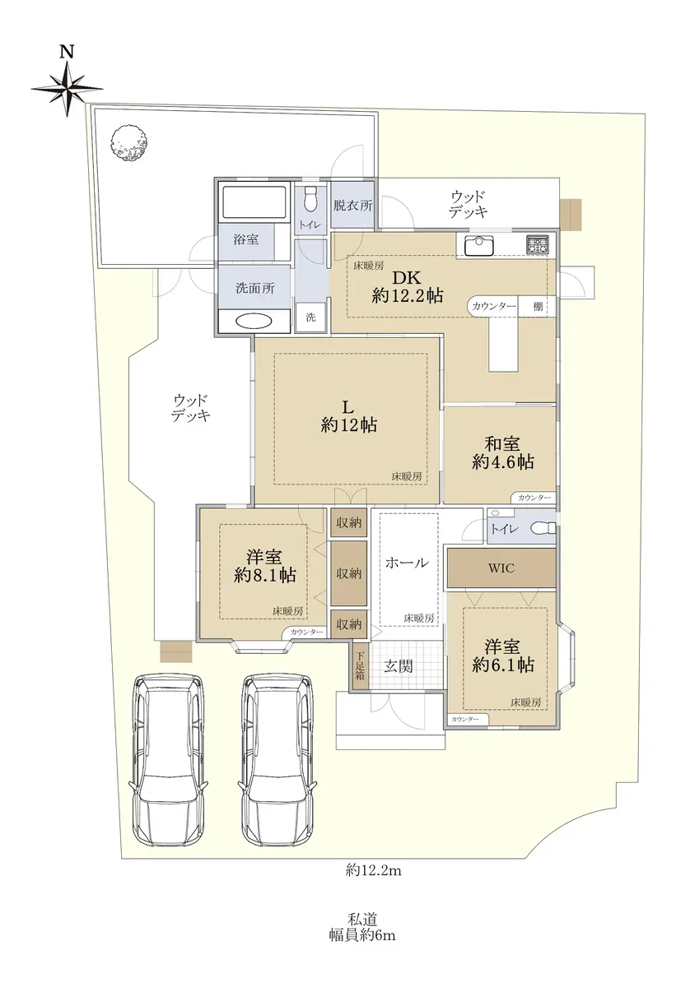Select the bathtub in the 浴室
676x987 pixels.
click(255, 203)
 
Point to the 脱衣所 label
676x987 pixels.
click(352, 206)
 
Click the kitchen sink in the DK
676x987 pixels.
click(478, 245)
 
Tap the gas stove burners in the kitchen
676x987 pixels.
click(537, 245)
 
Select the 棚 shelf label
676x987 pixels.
click(538, 306)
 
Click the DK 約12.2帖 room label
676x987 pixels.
click(408, 286)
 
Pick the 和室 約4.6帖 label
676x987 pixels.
click(503, 452)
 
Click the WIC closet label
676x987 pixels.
click(501, 568)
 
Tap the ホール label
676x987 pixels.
click(407, 563)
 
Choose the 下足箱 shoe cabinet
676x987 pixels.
click(360, 665)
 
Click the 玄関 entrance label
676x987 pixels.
click(399, 666)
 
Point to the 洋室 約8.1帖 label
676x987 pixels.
click(264, 566)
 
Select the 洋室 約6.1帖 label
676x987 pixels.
click(503, 656)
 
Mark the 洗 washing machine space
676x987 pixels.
click(311, 317)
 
